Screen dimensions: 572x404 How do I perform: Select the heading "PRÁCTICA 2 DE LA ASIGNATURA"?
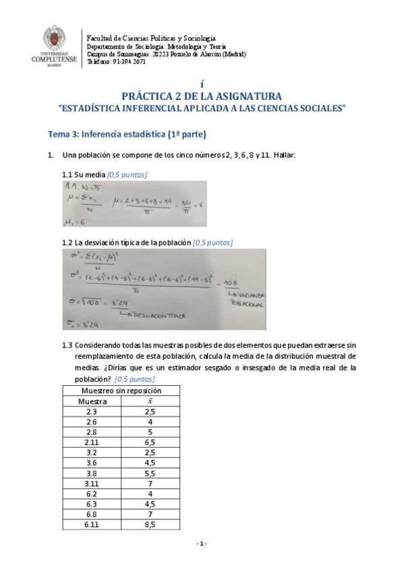tap(202, 96)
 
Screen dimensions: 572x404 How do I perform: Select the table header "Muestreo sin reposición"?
tap(121, 391)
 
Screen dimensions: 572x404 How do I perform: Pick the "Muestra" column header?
tap(92, 401)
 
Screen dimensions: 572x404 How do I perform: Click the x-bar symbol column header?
tap(150, 401)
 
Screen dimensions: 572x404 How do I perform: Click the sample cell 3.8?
tap(92, 474)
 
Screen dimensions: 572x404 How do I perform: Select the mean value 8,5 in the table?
tap(150, 524)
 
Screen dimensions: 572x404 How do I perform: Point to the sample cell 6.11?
tap(92, 524)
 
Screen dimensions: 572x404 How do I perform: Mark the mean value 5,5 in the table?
tap(150, 474)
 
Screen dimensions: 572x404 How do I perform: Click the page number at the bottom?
tap(201, 544)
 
